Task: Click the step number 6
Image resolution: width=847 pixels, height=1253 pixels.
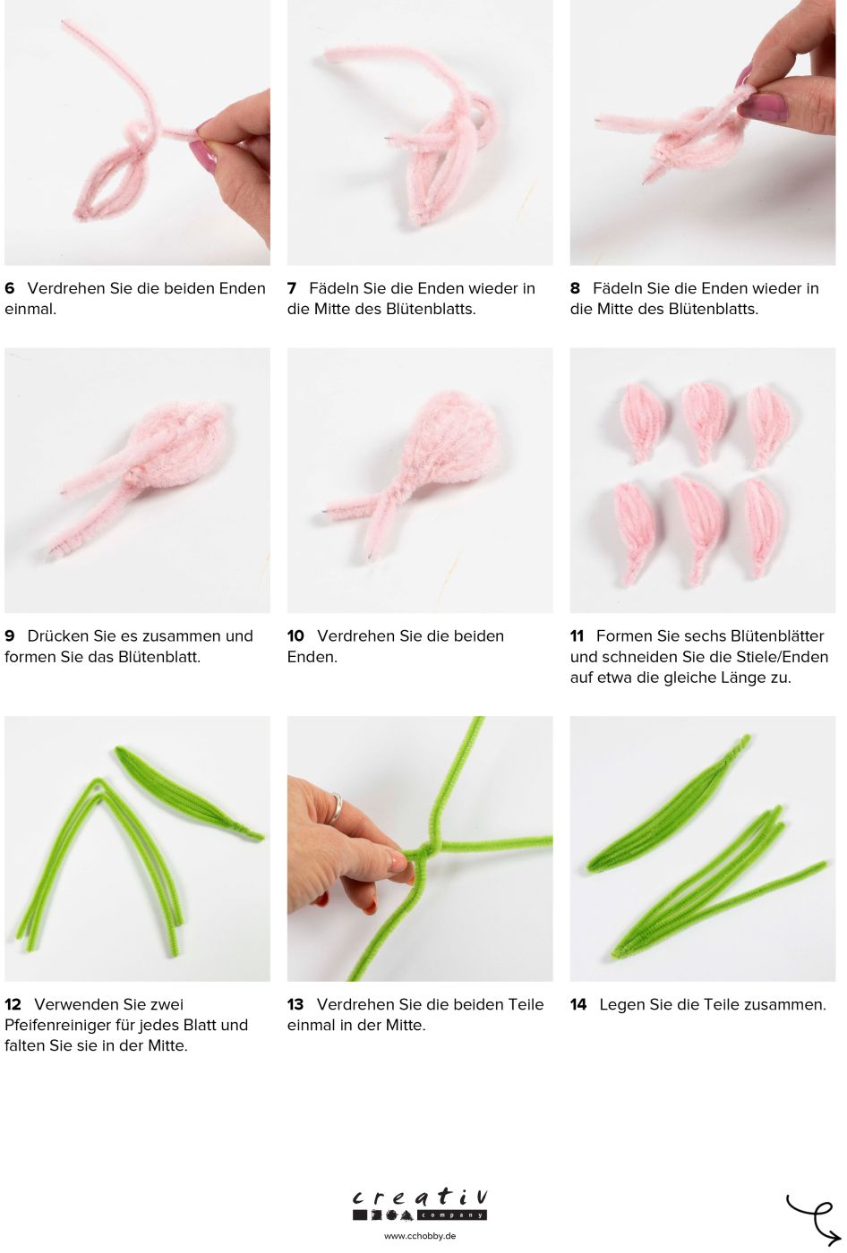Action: point(10,288)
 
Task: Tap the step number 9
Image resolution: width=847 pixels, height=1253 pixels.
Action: point(10,636)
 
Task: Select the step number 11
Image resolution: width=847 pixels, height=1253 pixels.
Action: point(577,636)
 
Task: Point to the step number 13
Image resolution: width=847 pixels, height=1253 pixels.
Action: point(295,1005)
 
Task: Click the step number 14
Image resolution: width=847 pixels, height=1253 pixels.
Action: point(578,1005)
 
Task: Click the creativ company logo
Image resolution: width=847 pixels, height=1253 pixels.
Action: point(420,1205)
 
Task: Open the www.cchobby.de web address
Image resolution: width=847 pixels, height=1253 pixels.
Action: point(420,1236)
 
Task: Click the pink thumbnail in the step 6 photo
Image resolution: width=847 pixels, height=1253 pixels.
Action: point(203,157)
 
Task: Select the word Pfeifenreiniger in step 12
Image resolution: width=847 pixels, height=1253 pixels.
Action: point(58,1026)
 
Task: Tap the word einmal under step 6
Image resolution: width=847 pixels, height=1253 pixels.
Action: point(30,310)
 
